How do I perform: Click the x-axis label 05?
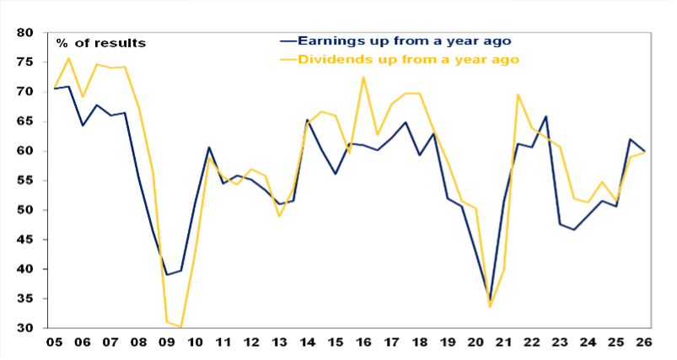click(x=55, y=342)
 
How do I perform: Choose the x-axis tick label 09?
click(x=166, y=342)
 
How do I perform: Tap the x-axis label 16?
click(x=363, y=342)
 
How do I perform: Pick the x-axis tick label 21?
click(x=503, y=342)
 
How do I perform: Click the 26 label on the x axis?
click(x=645, y=342)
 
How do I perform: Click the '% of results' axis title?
click(x=101, y=43)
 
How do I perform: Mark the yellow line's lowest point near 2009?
click(x=180, y=326)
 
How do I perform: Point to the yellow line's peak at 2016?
click(x=363, y=78)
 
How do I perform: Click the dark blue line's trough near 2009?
click(x=166, y=274)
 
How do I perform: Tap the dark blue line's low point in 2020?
click(x=490, y=300)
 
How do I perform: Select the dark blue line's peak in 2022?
click(x=545, y=116)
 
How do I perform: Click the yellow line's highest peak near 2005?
click(x=69, y=58)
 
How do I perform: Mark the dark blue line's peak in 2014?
click(x=307, y=120)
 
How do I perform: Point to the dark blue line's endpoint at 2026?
click(x=645, y=152)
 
